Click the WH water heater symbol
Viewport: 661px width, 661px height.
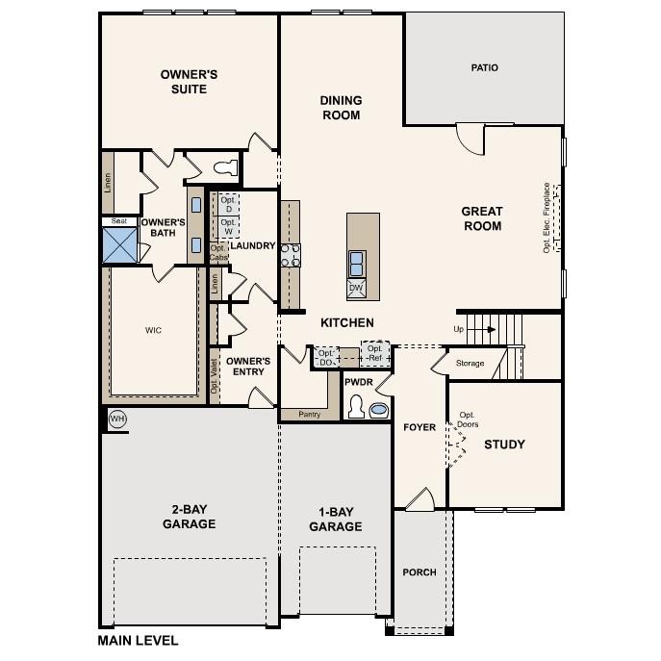[x=117, y=419]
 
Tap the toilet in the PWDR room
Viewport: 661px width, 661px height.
[x=355, y=409]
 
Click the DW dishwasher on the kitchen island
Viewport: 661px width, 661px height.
[x=356, y=288]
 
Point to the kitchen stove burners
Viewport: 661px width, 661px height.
[x=290, y=254]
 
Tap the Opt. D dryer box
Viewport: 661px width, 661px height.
[x=228, y=204]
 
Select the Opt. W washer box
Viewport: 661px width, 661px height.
[x=228, y=227]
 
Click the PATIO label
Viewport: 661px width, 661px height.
[x=484, y=67]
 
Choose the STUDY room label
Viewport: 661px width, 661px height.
[x=504, y=445]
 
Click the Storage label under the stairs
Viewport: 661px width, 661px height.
[x=470, y=364]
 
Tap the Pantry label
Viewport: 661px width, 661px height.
[x=309, y=415]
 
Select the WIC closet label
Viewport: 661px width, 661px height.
[x=153, y=330]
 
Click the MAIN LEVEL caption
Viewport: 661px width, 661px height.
[x=138, y=640]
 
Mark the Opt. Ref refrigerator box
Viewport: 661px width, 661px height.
[x=374, y=353]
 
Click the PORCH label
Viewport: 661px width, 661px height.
[x=419, y=572]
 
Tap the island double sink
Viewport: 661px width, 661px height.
[x=356, y=258]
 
